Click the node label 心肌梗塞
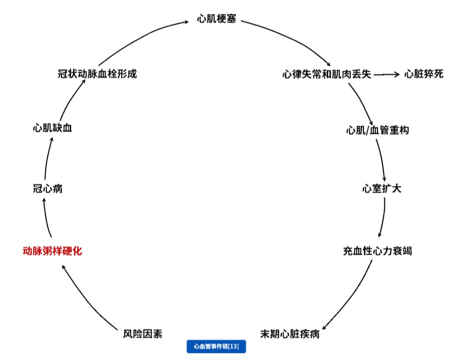coord(217,20)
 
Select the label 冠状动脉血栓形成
coord(98,74)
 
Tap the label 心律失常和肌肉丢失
coord(326,74)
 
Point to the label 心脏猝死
coord(424,74)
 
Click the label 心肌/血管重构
coord(377,130)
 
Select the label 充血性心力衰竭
coord(377,251)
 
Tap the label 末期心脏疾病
coord(290,334)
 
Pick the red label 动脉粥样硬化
coord(52,251)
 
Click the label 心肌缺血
coord(52,128)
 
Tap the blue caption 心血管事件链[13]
coord(216,346)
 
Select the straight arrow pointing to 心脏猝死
coord(387,74)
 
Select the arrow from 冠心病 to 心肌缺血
coord(47,158)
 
